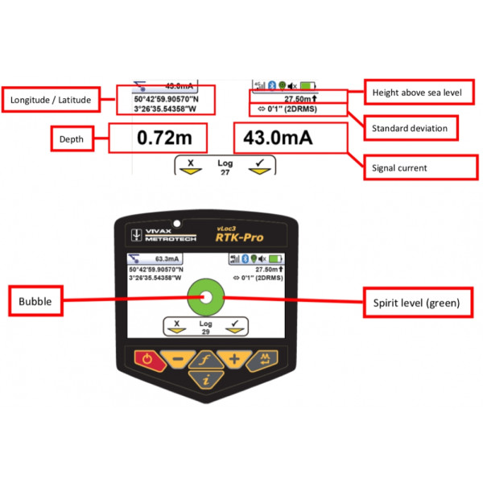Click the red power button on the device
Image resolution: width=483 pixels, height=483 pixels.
tap(146, 360)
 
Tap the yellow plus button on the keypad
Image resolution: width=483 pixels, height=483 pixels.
tap(234, 359)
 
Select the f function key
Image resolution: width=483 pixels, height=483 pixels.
tap(205, 359)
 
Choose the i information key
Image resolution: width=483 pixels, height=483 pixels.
tap(205, 379)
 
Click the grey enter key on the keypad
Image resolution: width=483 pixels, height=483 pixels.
tap(264, 360)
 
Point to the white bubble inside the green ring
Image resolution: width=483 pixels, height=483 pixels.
tap(205, 299)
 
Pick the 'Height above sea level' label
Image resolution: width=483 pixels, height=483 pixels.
tap(416, 93)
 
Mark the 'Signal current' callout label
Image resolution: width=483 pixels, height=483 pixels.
tap(410, 168)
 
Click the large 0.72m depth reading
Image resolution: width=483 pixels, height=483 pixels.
tap(162, 138)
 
